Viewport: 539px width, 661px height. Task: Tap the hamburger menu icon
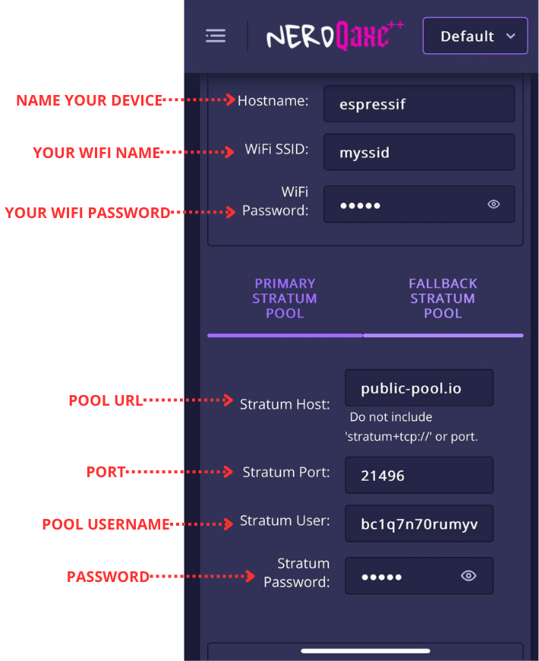point(216,36)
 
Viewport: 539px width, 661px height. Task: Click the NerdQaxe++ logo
point(335,36)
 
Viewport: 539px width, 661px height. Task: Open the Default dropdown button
point(475,36)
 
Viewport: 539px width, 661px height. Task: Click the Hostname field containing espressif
point(419,103)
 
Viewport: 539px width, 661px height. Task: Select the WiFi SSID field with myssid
point(419,153)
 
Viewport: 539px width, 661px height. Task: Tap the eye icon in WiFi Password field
point(493,204)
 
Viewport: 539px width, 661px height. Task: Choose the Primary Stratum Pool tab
point(285,299)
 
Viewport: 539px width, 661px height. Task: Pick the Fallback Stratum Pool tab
point(443,299)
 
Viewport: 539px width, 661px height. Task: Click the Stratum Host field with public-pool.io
point(419,388)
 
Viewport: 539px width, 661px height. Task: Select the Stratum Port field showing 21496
point(419,476)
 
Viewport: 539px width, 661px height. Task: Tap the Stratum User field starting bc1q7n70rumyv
point(419,523)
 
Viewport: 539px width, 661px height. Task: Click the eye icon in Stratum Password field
point(468,576)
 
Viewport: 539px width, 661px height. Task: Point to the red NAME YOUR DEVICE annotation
point(90,100)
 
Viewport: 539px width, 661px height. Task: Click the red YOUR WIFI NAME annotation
point(96,153)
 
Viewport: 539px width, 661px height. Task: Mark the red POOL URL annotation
point(106,400)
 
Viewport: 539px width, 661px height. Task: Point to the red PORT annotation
point(106,472)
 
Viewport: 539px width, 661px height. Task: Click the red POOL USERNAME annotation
point(106,524)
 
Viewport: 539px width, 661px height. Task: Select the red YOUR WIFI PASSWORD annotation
point(87,213)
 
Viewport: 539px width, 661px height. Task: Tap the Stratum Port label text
point(286,473)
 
